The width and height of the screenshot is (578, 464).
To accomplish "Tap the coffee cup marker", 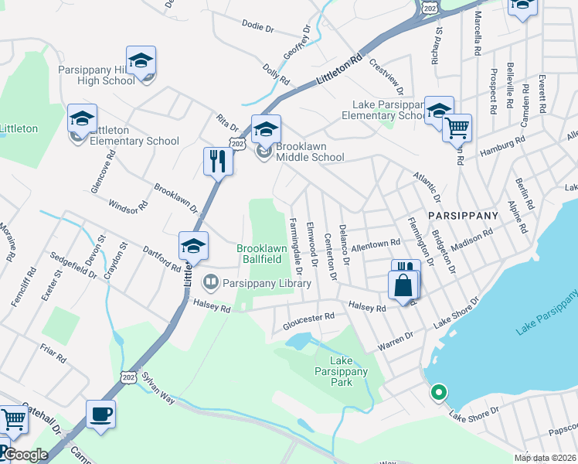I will pyautogui.click(x=101, y=414).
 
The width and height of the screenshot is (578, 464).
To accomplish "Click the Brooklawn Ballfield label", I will pyautogui.click(x=262, y=254).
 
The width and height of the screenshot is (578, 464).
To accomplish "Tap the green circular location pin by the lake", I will pyautogui.click(x=439, y=393).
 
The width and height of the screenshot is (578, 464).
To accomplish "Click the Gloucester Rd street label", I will pyautogui.click(x=309, y=318).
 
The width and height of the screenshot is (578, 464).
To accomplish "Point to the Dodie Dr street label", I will pyautogui.click(x=258, y=27).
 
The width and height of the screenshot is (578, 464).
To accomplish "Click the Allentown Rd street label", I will pyautogui.click(x=373, y=244).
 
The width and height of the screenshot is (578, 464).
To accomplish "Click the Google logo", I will pyautogui.click(x=26, y=455).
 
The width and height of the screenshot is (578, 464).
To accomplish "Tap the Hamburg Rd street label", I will pyautogui.click(x=502, y=146).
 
